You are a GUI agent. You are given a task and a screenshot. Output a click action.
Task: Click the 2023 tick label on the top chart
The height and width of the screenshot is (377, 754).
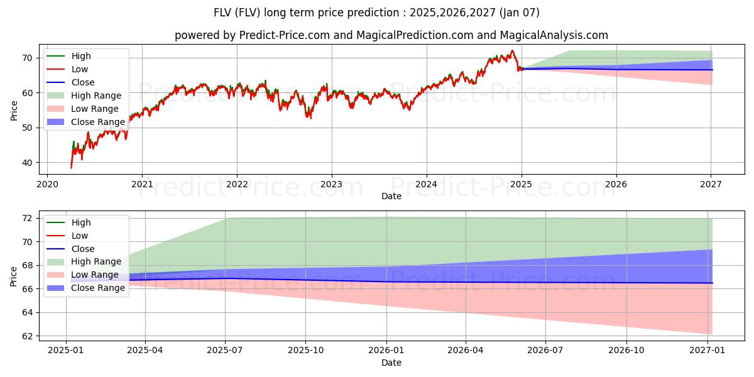tap(332, 184)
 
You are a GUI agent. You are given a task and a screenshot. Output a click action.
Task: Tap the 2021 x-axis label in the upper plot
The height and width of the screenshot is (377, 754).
tap(142, 184)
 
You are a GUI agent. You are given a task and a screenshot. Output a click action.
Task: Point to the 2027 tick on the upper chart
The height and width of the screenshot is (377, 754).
tap(711, 184)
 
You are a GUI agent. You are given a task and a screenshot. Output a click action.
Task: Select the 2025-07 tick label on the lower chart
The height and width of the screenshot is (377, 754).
tap(226, 350)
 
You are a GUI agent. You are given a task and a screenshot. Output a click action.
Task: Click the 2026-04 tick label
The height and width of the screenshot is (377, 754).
tap(466, 350)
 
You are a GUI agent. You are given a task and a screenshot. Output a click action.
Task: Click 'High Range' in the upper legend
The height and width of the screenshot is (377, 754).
tap(96, 96)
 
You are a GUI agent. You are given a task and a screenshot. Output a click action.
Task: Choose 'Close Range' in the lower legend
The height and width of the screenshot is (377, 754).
tap(98, 288)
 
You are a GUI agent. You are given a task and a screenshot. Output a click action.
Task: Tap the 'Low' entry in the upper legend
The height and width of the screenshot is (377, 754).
tap(80, 69)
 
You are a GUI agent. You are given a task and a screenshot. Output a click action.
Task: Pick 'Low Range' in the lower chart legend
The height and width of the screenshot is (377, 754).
tap(95, 275)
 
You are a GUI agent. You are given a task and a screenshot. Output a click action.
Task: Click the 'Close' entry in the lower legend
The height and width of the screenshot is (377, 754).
tap(83, 249)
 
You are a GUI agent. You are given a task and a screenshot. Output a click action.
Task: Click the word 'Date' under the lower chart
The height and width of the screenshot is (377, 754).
tap(391, 363)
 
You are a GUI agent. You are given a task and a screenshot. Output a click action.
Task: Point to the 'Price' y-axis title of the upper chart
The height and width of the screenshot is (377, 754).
tap(14, 111)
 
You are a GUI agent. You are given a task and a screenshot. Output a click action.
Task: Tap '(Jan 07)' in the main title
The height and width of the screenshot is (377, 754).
tap(516, 13)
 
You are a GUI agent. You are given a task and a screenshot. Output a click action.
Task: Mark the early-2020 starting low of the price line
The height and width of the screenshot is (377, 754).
tap(71, 168)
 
